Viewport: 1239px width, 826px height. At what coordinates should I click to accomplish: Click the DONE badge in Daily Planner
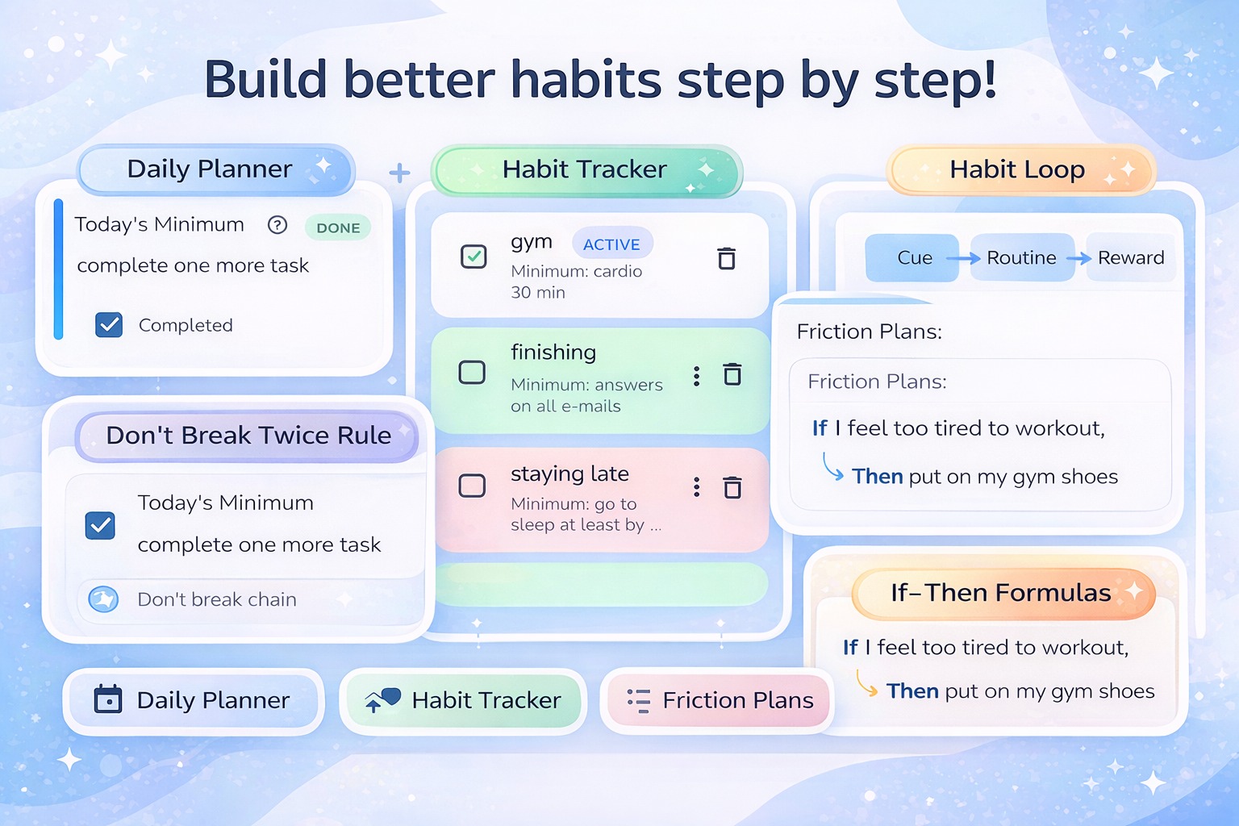coord(338,227)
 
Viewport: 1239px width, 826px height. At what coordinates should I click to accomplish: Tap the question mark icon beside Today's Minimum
coord(277,224)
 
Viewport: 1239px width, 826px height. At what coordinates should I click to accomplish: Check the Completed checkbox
coord(109,325)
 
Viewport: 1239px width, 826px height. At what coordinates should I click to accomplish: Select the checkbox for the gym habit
coord(473,257)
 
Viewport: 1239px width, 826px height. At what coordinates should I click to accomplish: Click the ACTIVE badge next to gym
coord(611,244)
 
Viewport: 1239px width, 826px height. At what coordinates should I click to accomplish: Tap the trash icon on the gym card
coord(726,258)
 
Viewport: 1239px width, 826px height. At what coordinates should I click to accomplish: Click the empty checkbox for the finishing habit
coord(472,372)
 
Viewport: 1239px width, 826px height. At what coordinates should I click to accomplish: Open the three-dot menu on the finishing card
coord(696,376)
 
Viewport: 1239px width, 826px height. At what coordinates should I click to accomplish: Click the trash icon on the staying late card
coord(732,487)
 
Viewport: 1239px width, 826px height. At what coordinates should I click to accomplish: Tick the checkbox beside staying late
coord(472,486)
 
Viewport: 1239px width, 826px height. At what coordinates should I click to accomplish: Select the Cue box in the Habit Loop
coord(912,258)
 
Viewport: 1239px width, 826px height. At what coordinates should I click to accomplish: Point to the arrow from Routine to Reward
coord(1078,258)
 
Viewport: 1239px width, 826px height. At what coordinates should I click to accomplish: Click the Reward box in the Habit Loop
coord(1131,258)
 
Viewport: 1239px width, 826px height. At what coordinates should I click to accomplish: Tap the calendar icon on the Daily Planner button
coord(108,699)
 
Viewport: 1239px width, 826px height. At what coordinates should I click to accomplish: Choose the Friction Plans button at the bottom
coord(718,700)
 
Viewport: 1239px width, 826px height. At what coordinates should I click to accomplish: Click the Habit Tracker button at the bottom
coord(463,701)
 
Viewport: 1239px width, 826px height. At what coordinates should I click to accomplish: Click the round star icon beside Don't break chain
coord(103,599)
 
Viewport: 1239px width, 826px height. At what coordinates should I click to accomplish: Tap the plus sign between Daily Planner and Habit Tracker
coord(399,173)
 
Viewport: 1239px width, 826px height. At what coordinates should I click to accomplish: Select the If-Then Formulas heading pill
coord(1003,593)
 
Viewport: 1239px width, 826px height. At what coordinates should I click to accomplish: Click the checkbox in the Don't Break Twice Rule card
coord(100,525)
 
